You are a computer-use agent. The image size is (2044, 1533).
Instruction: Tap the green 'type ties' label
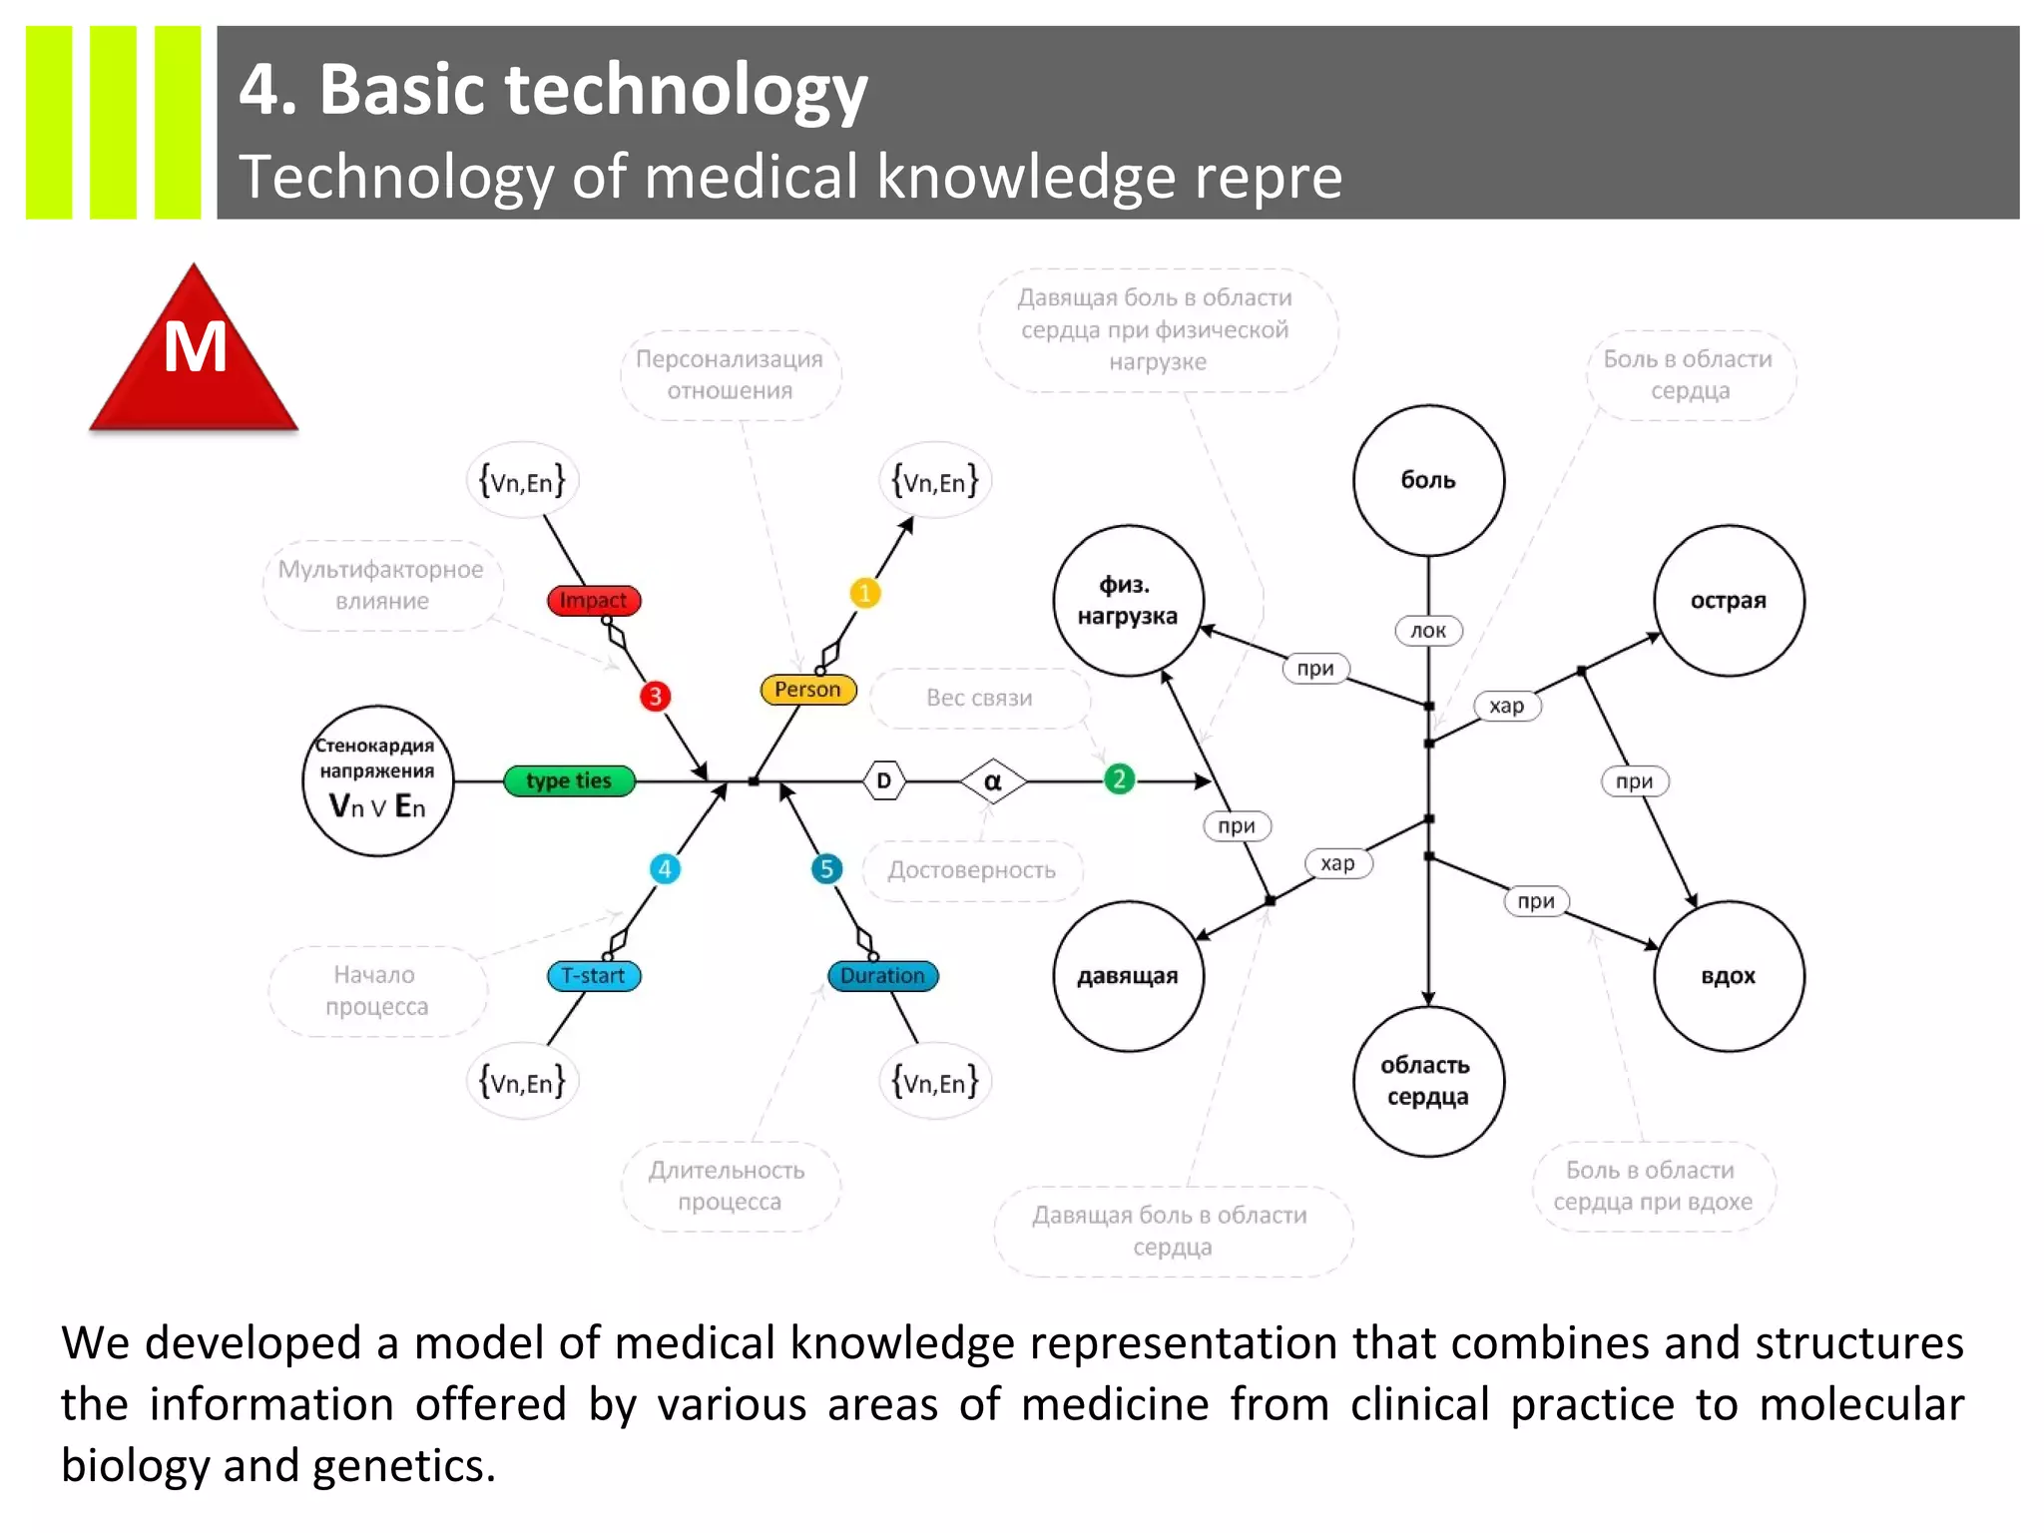pyautogui.click(x=569, y=780)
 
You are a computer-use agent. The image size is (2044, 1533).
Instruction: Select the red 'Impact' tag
pyautogui.click(x=594, y=600)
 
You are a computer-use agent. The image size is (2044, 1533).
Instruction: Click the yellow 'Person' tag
pyautogui.click(x=807, y=690)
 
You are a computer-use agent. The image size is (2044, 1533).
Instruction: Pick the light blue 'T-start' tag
pyautogui.click(x=594, y=976)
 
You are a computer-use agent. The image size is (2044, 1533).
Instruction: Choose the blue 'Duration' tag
pyautogui.click(x=882, y=976)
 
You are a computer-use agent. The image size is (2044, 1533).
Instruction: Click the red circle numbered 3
pyautogui.click(x=655, y=696)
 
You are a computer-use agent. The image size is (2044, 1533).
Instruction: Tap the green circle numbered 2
pyautogui.click(x=1119, y=779)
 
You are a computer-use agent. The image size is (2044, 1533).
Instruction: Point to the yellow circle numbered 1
pyautogui.click(x=864, y=593)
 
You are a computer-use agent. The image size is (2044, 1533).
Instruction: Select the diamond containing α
pyautogui.click(x=993, y=781)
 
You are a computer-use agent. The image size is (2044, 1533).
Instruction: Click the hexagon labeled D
pyautogui.click(x=883, y=780)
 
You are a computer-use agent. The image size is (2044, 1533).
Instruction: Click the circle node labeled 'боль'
pyautogui.click(x=1428, y=480)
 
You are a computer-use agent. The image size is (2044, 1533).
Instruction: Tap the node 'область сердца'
pyautogui.click(x=1428, y=1081)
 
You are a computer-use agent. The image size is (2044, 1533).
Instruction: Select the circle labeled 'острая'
pyautogui.click(x=1729, y=601)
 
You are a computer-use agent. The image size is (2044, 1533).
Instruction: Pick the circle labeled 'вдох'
pyautogui.click(x=1729, y=976)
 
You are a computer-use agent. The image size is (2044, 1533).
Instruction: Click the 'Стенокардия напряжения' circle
pyautogui.click(x=377, y=780)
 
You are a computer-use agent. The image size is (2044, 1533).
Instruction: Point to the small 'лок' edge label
pyautogui.click(x=1428, y=631)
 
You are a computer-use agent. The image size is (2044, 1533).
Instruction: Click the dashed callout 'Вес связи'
pyautogui.click(x=979, y=698)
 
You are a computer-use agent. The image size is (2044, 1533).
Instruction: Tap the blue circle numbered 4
pyautogui.click(x=665, y=868)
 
